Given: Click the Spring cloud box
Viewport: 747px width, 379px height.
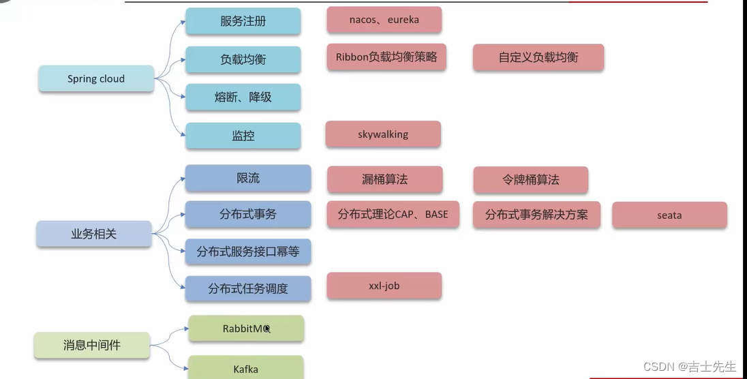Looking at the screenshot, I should [x=96, y=78].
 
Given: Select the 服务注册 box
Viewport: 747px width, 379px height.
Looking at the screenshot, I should [x=243, y=21].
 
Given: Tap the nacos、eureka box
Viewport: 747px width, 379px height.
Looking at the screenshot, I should [x=384, y=20].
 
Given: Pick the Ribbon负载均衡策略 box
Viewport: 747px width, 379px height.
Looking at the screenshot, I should [x=386, y=57].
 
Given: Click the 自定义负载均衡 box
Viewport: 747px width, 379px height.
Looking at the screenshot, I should [x=538, y=57].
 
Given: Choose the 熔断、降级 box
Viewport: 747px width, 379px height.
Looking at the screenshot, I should [x=243, y=97].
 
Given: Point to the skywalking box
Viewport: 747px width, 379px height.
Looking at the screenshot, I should [x=383, y=134].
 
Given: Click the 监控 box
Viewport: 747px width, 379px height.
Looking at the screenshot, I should [x=243, y=136].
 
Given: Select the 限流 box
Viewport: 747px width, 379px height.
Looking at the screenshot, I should [x=248, y=178].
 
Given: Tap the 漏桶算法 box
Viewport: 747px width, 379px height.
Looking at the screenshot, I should [x=385, y=179].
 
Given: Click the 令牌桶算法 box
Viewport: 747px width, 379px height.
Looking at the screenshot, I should [x=531, y=180].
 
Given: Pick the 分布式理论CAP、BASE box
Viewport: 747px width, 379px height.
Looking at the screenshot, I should [x=393, y=214].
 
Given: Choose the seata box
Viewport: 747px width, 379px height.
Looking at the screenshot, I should [x=669, y=215].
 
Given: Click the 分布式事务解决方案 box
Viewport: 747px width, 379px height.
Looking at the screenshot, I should [x=536, y=215].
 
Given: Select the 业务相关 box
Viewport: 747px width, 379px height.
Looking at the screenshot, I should [x=94, y=234].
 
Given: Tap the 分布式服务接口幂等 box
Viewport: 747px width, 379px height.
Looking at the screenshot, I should [x=248, y=252].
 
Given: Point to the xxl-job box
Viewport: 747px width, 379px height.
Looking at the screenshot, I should [x=384, y=286].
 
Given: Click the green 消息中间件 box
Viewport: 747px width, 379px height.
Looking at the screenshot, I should [x=92, y=346].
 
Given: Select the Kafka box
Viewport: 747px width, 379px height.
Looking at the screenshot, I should [x=245, y=369].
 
